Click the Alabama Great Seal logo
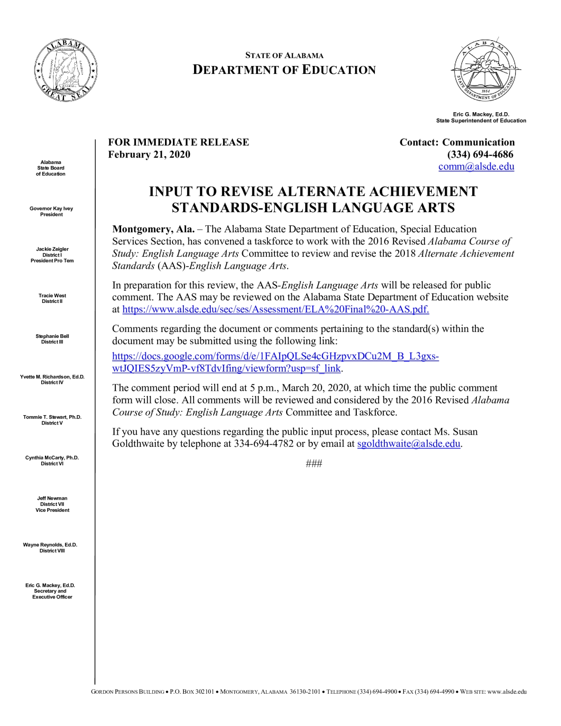(66, 70)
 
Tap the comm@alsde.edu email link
(476, 167)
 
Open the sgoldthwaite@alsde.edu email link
(409, 444)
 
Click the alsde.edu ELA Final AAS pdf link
(275, 309)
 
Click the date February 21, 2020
(149, 155)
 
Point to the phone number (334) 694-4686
(480, 155)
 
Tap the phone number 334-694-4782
(264, 444)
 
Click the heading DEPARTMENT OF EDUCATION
(284, 70)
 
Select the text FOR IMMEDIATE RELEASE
(179, 142)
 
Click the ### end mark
(314, 464)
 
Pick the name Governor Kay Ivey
(51, 208)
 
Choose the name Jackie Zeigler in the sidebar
(52, 249)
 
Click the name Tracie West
(52, 295)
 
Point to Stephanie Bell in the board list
(52, 336)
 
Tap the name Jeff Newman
(52, 498)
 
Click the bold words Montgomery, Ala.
(153, 229)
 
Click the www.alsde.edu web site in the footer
(507, 692)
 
